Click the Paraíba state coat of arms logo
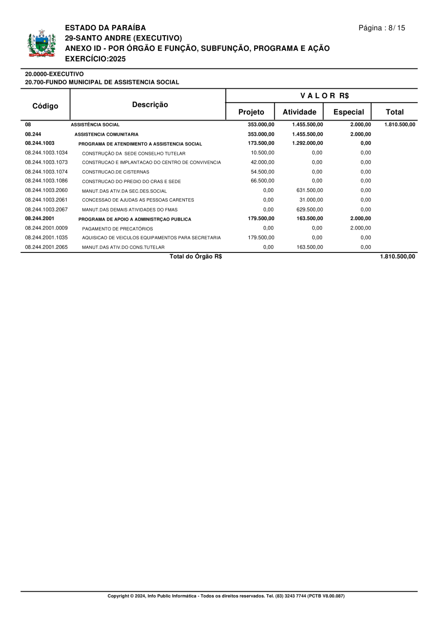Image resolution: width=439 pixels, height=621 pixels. coord(41,43)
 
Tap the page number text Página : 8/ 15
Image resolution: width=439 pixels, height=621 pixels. coord(381,28)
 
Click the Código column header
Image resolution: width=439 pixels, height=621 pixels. coord(45,106)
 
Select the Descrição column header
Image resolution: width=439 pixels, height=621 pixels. coord(150,104)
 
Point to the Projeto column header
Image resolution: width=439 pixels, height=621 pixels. coord(251,112)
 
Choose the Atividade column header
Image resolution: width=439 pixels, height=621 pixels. coord(299,112)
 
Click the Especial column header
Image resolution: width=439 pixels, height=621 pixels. coord(348,112)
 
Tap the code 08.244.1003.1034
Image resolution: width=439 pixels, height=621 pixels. coord(46,153)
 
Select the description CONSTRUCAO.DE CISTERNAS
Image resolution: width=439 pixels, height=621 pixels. coord(116,172)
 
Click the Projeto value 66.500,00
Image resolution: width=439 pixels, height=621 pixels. coord(262,181)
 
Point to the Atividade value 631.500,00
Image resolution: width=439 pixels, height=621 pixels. coord(310,190)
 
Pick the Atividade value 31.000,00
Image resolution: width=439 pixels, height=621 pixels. coord(311,200)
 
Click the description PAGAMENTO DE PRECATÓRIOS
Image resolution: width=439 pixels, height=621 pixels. coord(118,228)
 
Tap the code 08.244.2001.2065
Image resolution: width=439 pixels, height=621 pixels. coord(46,247)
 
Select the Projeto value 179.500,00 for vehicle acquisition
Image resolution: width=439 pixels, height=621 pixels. coord(261,238)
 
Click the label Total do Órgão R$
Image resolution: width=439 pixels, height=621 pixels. coord(196,257)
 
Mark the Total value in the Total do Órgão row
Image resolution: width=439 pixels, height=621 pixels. coord(398,257)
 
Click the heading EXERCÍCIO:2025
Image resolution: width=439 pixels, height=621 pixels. coord(95,59)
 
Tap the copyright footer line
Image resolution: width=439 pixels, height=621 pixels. coord(226,596)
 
